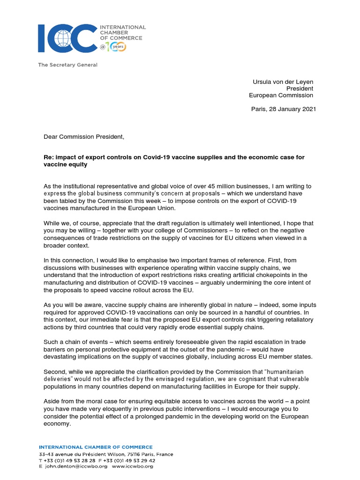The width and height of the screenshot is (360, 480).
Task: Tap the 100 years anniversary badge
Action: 114,47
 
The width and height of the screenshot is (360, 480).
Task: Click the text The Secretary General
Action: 67,65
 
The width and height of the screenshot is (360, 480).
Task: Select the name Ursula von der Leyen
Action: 283,82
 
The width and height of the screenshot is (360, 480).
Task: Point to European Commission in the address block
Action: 281,95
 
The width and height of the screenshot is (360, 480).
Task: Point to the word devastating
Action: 60,356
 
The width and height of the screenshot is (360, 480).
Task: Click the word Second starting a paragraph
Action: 54,372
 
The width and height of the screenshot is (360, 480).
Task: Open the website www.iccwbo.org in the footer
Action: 133,466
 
